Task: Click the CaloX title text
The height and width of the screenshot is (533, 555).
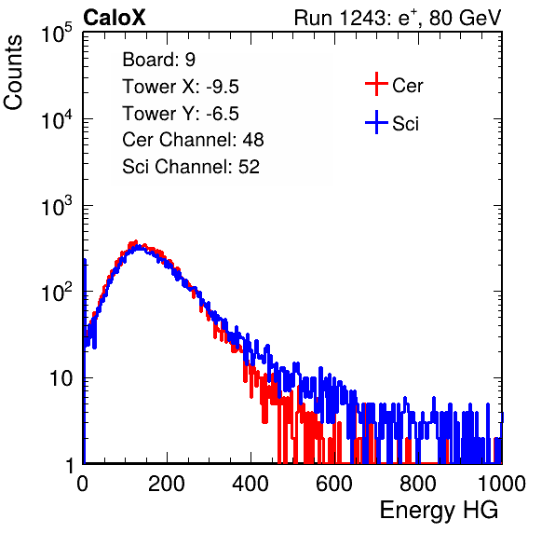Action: pyautogui.click(x=115, y=18)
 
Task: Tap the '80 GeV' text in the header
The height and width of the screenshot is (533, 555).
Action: pyautogui.click(x=465, y=18)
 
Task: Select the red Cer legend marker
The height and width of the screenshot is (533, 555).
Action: pyautogui.click(x=376, y=84)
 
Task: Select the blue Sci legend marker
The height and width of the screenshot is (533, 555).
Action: pyautogui.click(x=376, y=123)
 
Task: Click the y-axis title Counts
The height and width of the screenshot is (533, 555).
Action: pyautogui.click(x=13, y=73)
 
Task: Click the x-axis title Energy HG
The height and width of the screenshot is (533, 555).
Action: pyautogui.click(x=439, y=511)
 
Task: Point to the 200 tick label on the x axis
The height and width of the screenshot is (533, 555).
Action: pyautogui.click(x=167, y=484)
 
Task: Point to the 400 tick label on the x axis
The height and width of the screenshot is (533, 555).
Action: pyautogui.click(x=250, y=484)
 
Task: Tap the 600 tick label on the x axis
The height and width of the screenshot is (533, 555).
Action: pyautogui.click(x=334, y=484)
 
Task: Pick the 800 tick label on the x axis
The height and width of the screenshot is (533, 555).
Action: pyautogui.click(x=418, y=484)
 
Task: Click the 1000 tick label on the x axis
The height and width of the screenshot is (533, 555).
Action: pyautogui.click(x=502, y=484)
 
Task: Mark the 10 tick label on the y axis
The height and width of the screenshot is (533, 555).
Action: pyautogui.click(x=61, y=378)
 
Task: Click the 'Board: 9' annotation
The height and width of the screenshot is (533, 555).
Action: pyautogui.click(x=159, y=60)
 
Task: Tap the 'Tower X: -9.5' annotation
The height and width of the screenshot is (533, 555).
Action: pyautogui.click(x=181, y=87)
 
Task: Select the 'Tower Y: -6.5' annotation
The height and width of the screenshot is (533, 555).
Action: pyautogui.click(x=181, y=114)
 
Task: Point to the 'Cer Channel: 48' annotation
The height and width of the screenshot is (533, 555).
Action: pyautogui.click(x=193, y=140)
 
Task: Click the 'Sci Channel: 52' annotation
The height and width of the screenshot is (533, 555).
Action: pyautogui.click(x=191, y=167)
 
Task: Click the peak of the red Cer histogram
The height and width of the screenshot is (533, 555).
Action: pyautogui.click(x=136, y=242)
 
